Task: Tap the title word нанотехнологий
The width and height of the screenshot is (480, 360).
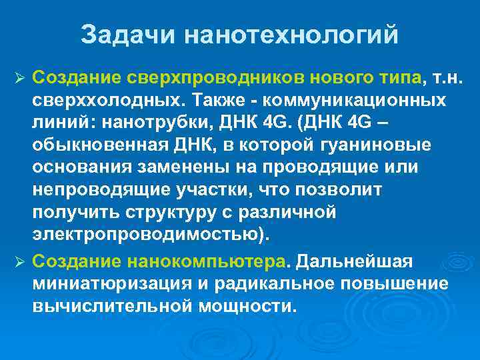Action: [290, 35]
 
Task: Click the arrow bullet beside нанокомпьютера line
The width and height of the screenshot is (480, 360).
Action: [19, 259]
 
